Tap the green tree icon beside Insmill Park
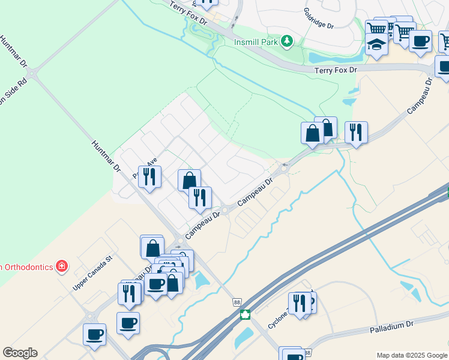coord(288,40)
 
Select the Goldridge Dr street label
coord(318,19)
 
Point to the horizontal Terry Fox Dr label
coord(336,70)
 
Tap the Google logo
coord(20,353)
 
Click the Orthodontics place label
coord(27,266)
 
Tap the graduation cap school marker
coord(376,44)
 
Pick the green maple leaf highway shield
coord(245,315)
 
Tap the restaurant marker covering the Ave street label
coord(149,176)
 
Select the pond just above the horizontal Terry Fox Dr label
coord(328,58)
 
